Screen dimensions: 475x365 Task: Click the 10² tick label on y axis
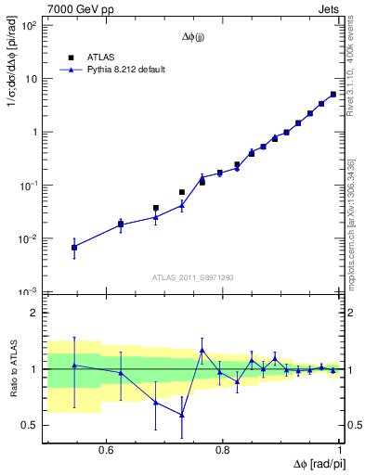click(x=30, y=25)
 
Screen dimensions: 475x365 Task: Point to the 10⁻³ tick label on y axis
click(x=30, y=292)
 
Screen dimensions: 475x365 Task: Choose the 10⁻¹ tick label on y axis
click(x=30, y=186)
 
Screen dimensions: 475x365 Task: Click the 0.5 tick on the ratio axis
click(x=31, y=425)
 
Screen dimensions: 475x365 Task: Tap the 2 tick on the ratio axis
click(x=34, y=314)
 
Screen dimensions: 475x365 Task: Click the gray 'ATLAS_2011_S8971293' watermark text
click(x=191, y=276)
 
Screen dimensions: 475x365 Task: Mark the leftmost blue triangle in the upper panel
click(x=74, y=247)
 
